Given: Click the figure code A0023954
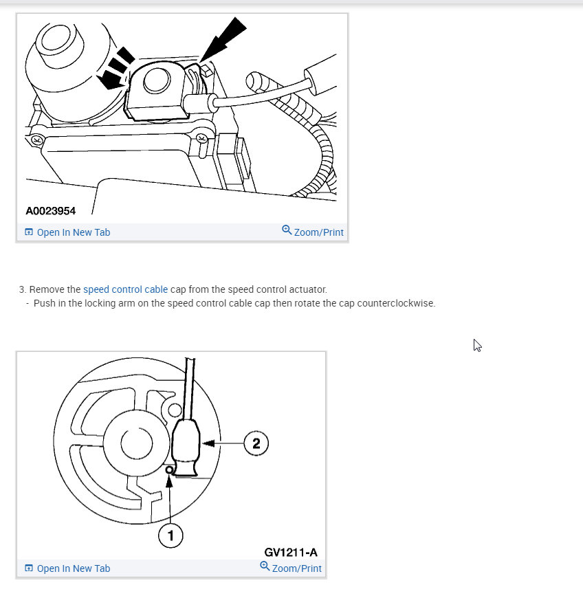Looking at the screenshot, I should tap(51, 210).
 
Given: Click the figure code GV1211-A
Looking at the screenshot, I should tap(291, 552).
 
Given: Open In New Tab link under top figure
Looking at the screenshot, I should tap(73, 232).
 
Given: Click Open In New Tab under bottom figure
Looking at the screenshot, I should tap(73, 568).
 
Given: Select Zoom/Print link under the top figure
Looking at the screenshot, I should tap(318, 232).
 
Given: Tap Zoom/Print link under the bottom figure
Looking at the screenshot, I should tap(296, 568).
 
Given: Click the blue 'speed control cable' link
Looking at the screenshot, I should tap(125, 290).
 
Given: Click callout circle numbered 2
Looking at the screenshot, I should tap(256, 443).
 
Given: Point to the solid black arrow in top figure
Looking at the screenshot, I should tap(223, 41).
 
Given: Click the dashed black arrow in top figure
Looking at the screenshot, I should tap(115, 69).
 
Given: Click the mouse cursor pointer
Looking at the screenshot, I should tap(477, 345).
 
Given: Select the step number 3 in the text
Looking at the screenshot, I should tap(22, 290).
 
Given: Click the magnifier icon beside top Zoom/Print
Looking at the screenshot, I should tap(287, 230).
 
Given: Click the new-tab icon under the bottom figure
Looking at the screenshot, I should tap(29, 568).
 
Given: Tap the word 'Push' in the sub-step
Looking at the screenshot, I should tap(45, 303).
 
